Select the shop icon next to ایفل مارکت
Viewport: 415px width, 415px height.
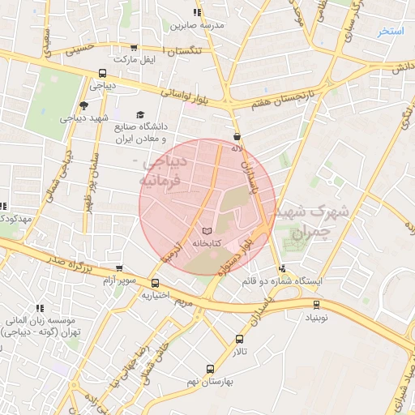click(x=133, y=49)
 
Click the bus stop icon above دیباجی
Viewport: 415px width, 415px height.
click(x=101, y=72)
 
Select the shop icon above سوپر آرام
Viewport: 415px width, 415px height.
click(x=120, y=268)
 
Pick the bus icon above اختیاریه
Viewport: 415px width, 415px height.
click(x=155, y=283)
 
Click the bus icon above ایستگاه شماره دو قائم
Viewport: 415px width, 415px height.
click(x=282, y=269)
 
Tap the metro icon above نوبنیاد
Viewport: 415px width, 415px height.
click(x=316, y=305)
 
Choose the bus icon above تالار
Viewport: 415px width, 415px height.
click(x=239, y=339)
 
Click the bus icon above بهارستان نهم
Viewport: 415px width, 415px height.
click(x=210, y=369)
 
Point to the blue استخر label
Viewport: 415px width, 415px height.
click(x=391, y=32)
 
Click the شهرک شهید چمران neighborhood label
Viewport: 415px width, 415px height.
click(x=322, y=221)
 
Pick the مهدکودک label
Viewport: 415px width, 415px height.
click(x=16, y=219)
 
